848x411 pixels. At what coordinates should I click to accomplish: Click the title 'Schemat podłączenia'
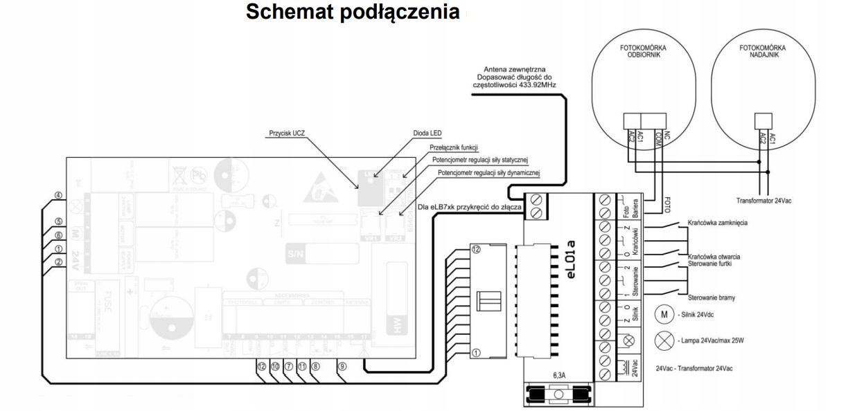pos(353,13)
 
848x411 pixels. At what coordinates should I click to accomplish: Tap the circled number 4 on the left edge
pos(59,196)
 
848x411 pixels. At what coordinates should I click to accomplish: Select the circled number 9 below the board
pos(342,368)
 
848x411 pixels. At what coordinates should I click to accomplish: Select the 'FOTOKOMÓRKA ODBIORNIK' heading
pos(639,52)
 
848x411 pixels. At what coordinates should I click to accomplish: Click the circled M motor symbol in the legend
pos(660,316)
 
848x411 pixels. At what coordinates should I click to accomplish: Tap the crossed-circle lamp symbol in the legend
pos(660,340)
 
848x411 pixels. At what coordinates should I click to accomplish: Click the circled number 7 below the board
pos(288,368)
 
